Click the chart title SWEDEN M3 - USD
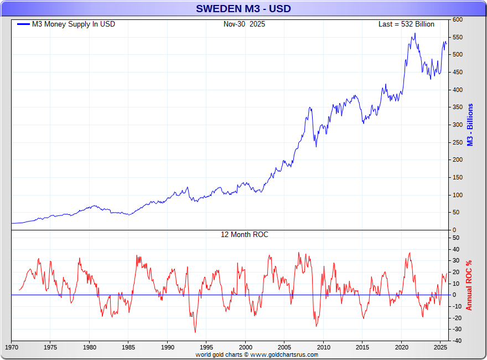[244, 9]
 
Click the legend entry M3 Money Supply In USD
[74, 24]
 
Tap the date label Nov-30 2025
[244, 24]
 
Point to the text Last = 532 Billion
[406, 24]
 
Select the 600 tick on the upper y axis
[458, 19]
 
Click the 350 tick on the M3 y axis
[458, 107]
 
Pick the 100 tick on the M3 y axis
[458, 195]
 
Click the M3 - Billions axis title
[470, 125]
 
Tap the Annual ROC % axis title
[469, 285]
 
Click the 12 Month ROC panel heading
[244, 235]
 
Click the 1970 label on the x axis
[11, 348]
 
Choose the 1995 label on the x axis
[206, 348]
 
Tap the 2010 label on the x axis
[324, 348]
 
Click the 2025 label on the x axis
[441, 348]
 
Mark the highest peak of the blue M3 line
[415, 33]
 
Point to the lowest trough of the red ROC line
[195, 332]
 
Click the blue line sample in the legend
[24, 24]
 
